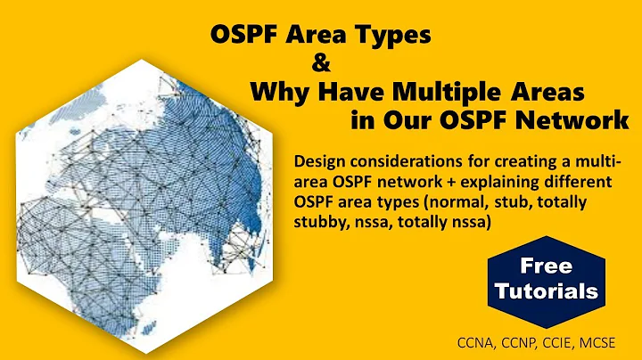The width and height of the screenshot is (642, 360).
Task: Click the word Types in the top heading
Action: (389, 36)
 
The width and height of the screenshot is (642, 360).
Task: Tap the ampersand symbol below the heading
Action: (319, 63)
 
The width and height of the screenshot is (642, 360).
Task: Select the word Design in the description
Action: (318, 161)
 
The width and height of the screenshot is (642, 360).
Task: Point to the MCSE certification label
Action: (608, 342)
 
